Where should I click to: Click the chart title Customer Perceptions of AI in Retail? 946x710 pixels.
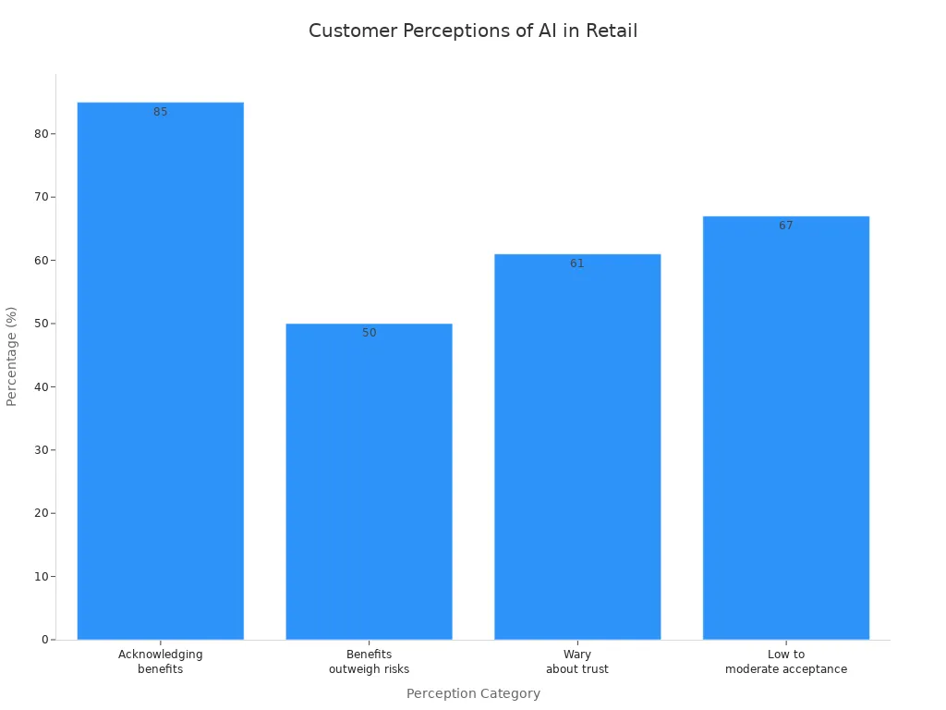[x=473, y=31]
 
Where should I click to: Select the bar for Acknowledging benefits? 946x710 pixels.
[x=160, y=370]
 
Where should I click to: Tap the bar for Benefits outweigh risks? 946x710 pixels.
[x=369, y=481]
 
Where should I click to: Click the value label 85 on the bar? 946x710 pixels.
[x=160, y=112]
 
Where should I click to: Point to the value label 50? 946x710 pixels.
[x=369, y=333]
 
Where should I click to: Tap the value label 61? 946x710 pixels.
[x=577, y=263]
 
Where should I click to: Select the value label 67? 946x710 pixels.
[x=785, y=226]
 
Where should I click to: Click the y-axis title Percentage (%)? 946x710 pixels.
[x=12, y=356]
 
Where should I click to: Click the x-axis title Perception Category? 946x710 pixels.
[x=473, y=693]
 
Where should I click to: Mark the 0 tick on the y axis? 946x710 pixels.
[x=44, y=640]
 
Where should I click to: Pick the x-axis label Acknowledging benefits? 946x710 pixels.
[x=160, y=662]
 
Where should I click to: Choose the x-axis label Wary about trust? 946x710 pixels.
[x=577, y=662]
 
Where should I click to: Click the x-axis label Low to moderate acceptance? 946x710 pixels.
[x=785, y=662]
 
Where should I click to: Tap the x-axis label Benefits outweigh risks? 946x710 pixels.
[x=369, y=662]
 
